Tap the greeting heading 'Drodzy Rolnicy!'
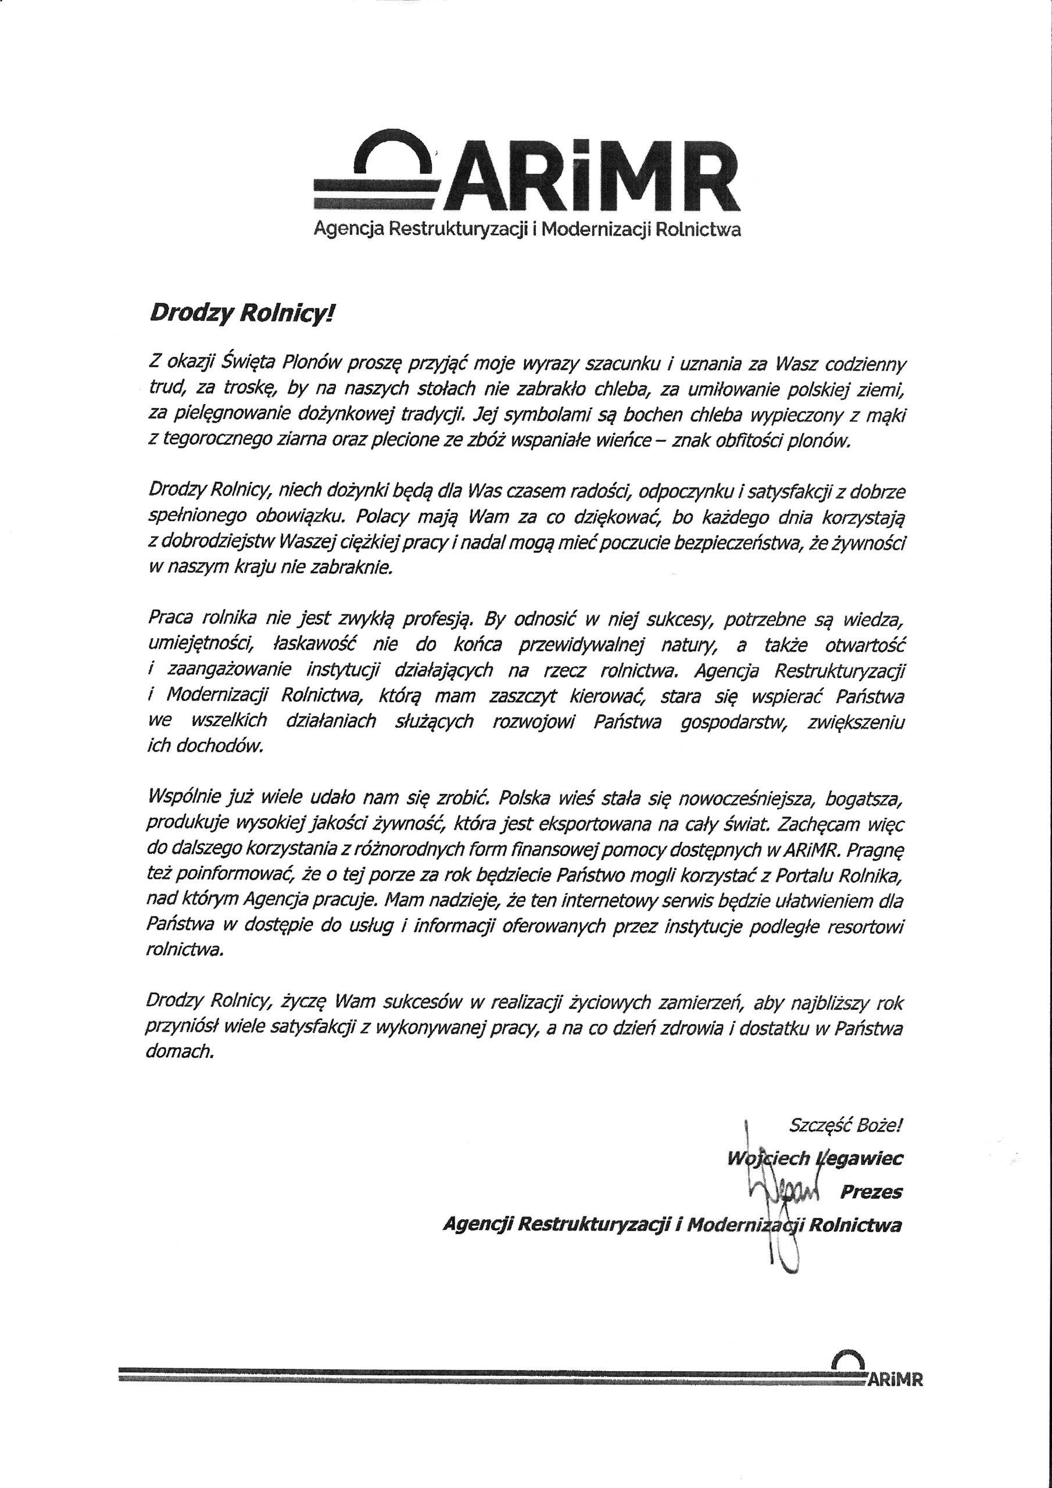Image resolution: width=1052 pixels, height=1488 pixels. click(243, 314)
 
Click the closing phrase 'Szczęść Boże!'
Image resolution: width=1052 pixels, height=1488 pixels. click(845, 1125)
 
